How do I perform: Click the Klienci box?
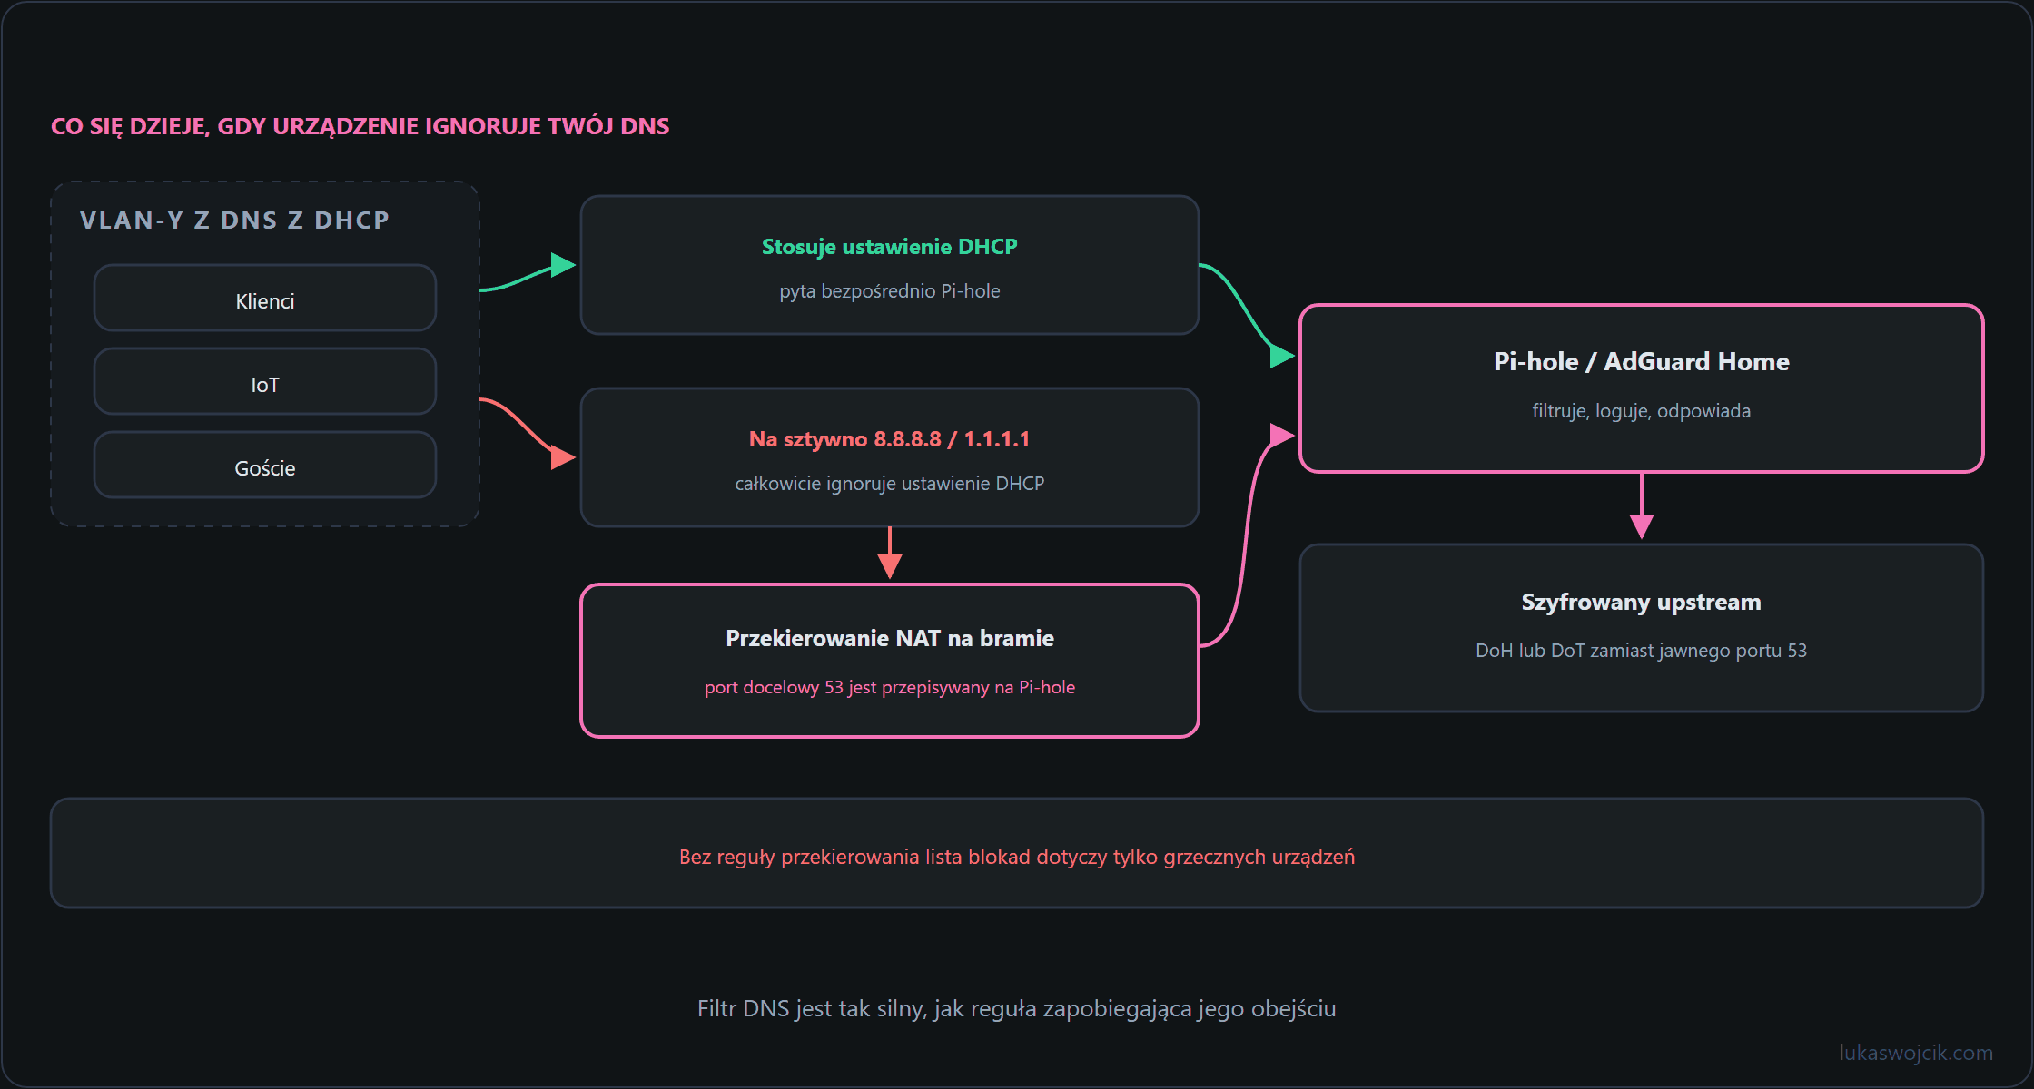(265, 298)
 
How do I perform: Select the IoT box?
(265, 381)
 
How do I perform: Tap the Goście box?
(265, 465)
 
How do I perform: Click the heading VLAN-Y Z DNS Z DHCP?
(234, 221)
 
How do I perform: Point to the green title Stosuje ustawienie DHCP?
(890, 247)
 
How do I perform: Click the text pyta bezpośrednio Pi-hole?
(890, 291)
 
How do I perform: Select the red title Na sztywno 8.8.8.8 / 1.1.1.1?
(890, 439)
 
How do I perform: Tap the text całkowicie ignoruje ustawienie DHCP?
(890, 484)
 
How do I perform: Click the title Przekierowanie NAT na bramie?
(890, 639)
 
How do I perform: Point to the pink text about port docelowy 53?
(890, 687)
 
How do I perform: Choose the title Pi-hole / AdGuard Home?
(1642, 361)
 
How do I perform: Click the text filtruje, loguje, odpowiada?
(1642, 411)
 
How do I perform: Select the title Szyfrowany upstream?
(1642, 603)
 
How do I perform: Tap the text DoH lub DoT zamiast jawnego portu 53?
(1642, 651)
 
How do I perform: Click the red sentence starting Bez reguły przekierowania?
(1017, 857)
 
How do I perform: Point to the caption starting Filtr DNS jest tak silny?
(1017, 1009)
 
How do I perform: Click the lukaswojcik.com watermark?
(1916, 1053)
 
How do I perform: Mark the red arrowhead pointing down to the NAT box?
(890, 566)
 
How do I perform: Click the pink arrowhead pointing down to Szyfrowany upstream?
(1642, 526)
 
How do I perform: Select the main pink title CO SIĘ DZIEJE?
(360, 126)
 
